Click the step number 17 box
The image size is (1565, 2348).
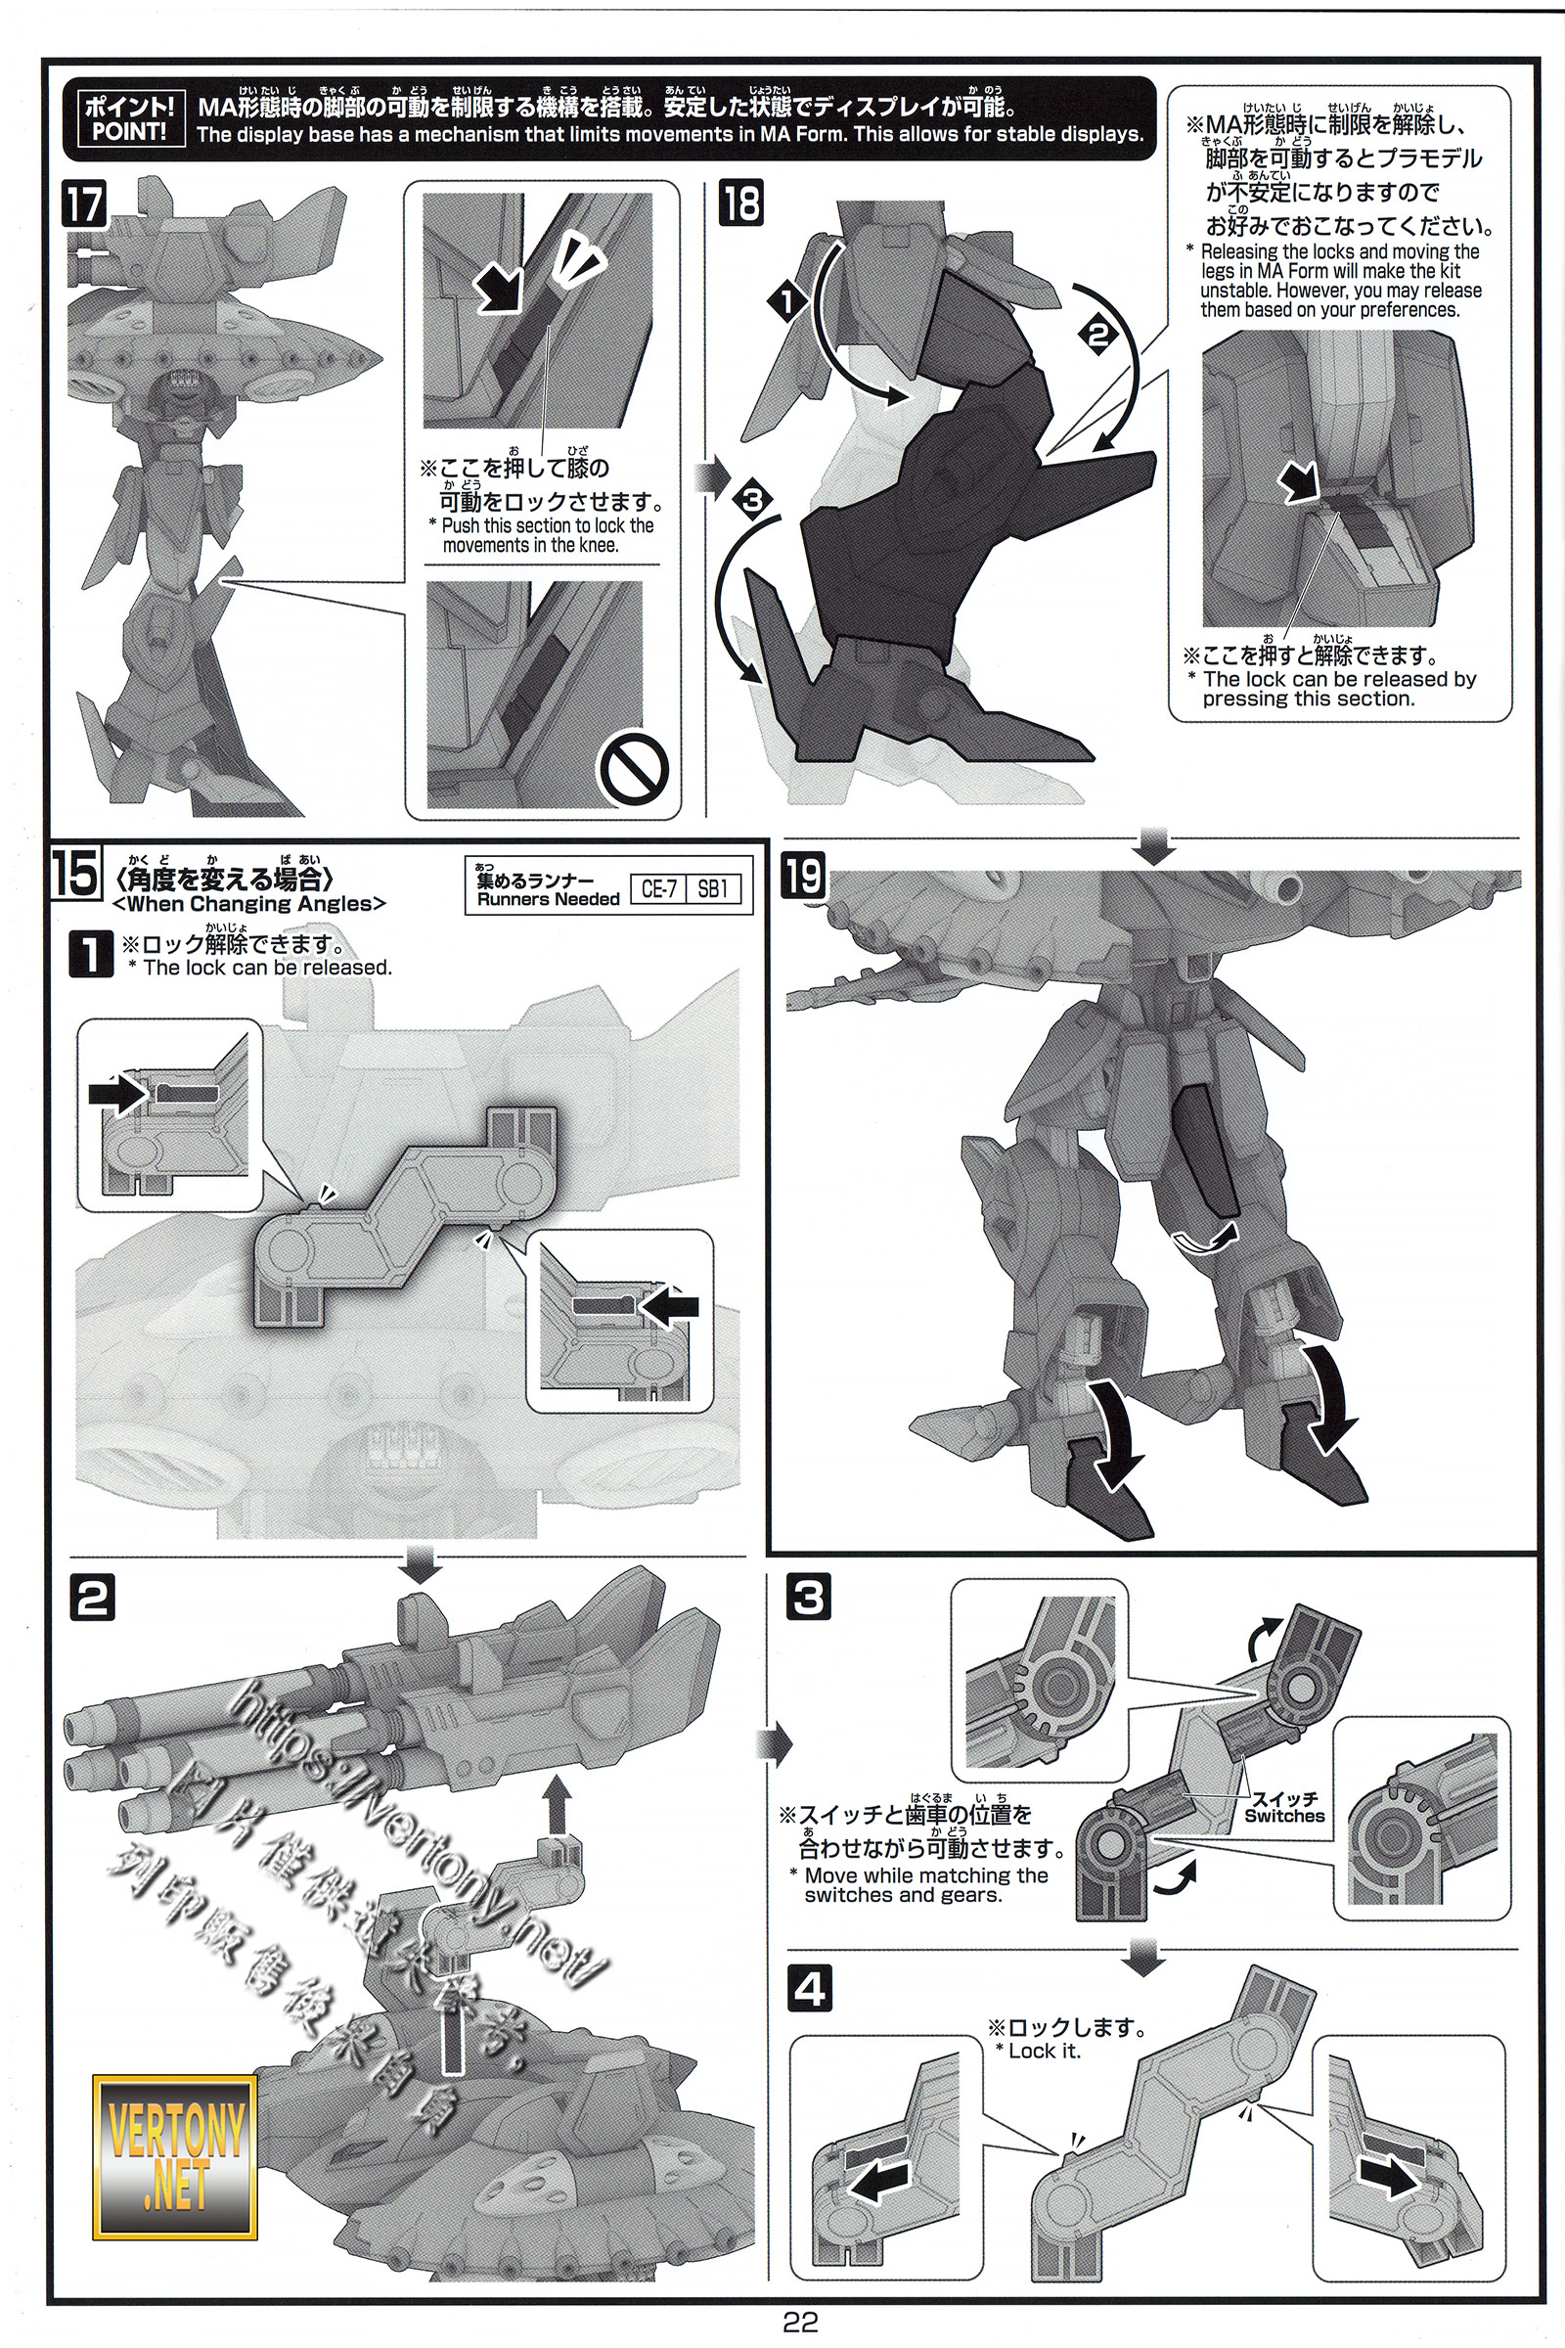pyautogui.click(x=84, y=205)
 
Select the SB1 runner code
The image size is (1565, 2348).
pyautogui.click(x=713, y=889)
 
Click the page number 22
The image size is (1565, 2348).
pyautogui.click(x=800, y=2322)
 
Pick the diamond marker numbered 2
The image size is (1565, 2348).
pyautogui.click(x=1097, y=336)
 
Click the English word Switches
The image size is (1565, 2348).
pyautogui.click(x=1284, y=1816)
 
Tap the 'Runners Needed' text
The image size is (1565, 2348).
pyautogui.click(x=548, y=899)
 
